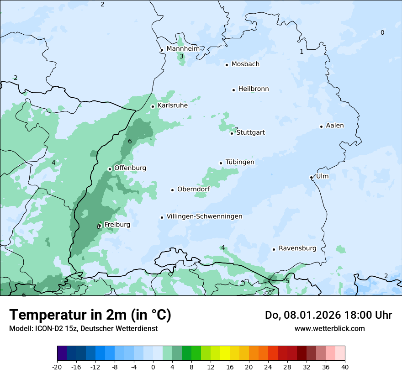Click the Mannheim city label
pos(183,49)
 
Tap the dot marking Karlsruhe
pos(153,106)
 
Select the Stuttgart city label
pos(250,133)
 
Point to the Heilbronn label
pos(254,89)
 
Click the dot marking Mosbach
pos(227,65)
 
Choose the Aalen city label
pos(335,126)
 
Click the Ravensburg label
pos(297,248)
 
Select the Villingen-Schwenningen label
pos(204,216)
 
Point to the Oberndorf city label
pos(193,189)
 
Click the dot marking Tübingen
pos(221,163)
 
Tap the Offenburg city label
pos(130,168)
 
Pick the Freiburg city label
pos(117,225)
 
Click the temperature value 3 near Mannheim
pos(181,57)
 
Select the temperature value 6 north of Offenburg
pos(130,142)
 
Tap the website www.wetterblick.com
pos(330,328)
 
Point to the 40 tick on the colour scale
pos(344,367)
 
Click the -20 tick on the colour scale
pos(57,367)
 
